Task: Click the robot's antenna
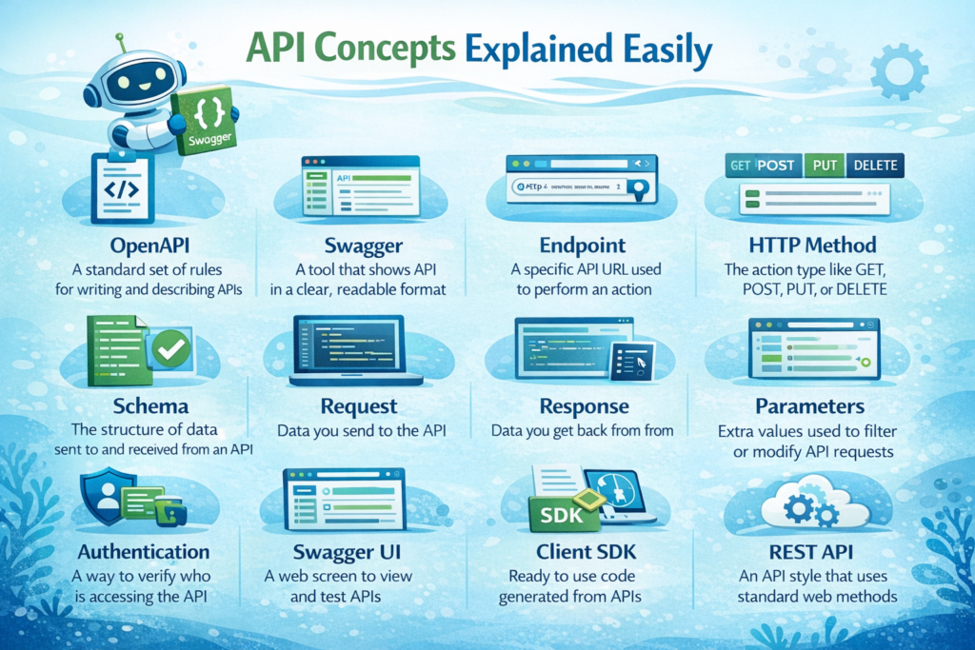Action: pos(121,44)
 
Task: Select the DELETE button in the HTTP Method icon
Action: pos(873,166)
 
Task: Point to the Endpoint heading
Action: pos(582,244)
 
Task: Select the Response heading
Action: pos(584,406)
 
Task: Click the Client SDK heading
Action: pos(583,552)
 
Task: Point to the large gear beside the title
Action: pos(898,71)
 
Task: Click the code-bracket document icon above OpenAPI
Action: pos(121,188)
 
